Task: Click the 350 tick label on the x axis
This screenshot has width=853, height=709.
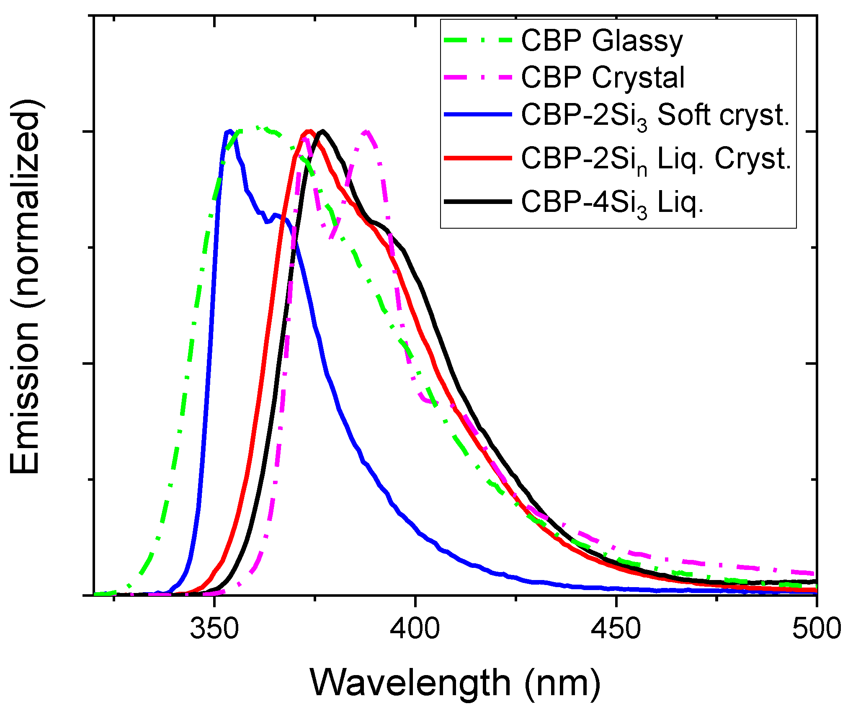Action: pos(214,629)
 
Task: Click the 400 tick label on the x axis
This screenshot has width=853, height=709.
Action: pos(415,629)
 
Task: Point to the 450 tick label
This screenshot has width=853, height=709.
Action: pos(616,629)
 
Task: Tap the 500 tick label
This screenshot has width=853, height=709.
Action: pos(816,629)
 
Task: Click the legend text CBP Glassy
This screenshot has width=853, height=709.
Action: pos(602,41)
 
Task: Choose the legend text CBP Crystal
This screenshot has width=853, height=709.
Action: pos(603,77)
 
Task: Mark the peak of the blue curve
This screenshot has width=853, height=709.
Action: pos(229,131)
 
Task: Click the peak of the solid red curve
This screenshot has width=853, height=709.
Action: pos(309,131)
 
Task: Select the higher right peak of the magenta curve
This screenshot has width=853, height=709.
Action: pos(366,131)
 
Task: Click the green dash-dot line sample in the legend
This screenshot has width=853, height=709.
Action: pos(478,41)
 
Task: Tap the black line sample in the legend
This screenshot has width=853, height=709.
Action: pos(478,202)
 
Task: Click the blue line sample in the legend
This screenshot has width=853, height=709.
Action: pos(478,114)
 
